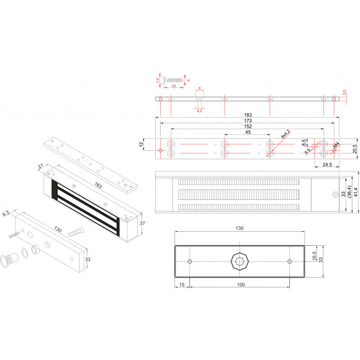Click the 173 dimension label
tap(248, 121)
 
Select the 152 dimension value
tap(248, 126)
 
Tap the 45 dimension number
tap(248, 132)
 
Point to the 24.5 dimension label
tap(327, 164)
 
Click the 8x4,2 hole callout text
tap(286, 134)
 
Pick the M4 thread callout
tap(336, 145)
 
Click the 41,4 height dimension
tap(355, 192)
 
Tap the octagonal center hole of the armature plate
tap(240, 261)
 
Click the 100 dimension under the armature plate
tap(241, 285)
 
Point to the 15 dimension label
tap(182, 285)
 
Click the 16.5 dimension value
tap(314, 256)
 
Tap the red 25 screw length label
tap(174, 86)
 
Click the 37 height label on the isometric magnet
tap(142, 223)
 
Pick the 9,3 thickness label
tap(6, 214)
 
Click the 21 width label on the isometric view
tap(41, 166)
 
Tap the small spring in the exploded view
tap(14, 235)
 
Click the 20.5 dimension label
tap(355, 149)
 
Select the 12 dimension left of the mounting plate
tap(141, 144)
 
